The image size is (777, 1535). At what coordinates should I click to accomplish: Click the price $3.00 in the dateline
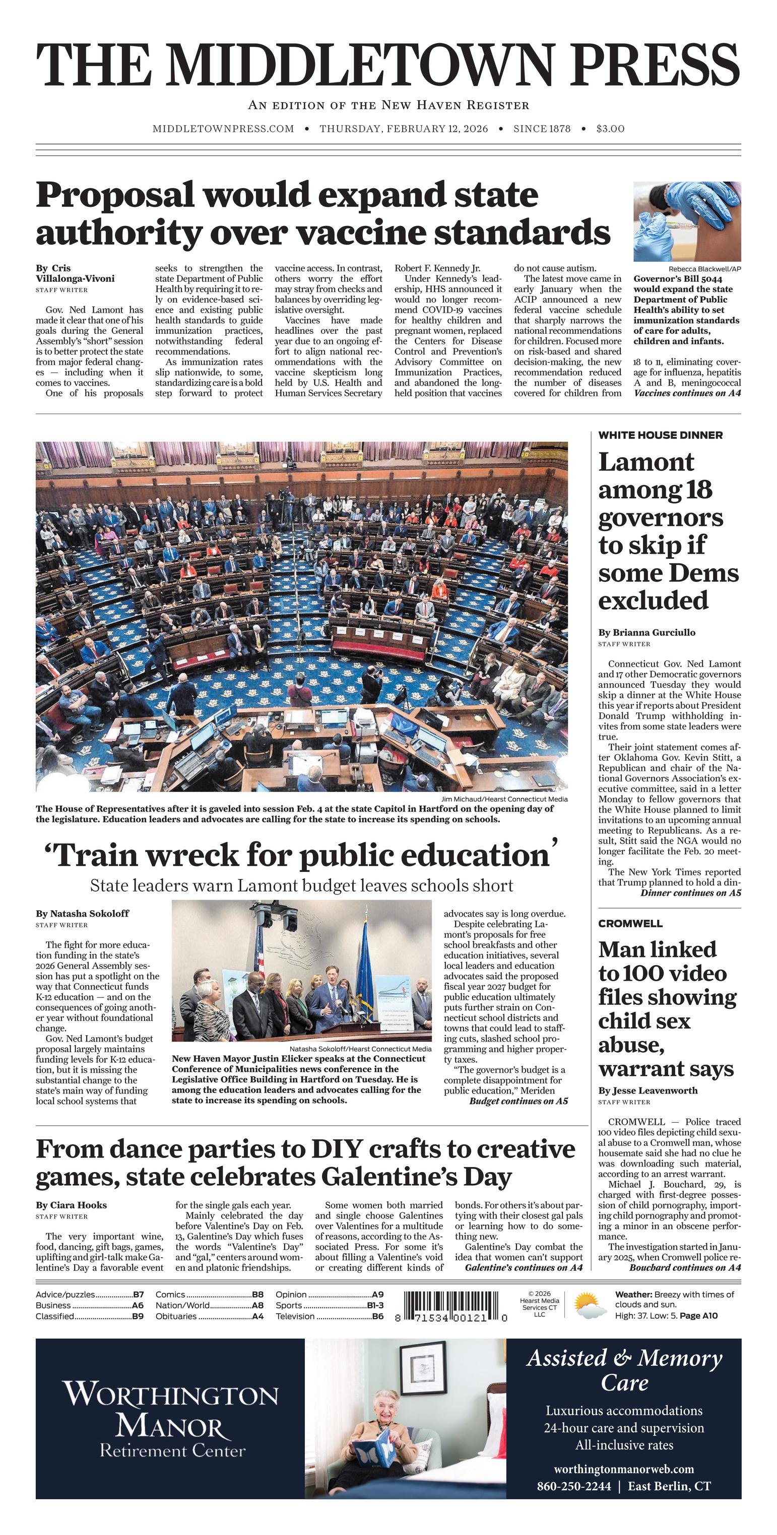(x=610, y=129)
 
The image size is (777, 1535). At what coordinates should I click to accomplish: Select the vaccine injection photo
(x=687, y=222)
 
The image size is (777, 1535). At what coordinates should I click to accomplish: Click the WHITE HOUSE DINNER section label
(x=660, y=435)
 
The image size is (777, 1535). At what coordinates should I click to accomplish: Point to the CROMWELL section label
(x=630, y=924)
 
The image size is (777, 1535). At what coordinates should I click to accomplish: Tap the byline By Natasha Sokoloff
(x=82, y=913)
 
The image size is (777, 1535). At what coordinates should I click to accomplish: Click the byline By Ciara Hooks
(x=71, y=1205)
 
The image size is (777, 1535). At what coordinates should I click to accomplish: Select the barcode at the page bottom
(x=451, y=1307)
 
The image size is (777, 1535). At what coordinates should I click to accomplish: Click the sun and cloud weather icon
(x=590, y=1305)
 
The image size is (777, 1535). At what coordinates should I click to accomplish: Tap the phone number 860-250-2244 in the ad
(x=573, y=1486)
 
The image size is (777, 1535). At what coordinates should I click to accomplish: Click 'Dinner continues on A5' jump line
(x=690, y=893)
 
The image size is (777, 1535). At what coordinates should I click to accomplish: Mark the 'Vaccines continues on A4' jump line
(x=687, y=393)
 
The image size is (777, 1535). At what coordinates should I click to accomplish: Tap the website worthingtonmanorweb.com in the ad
(x=624, y=1469)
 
